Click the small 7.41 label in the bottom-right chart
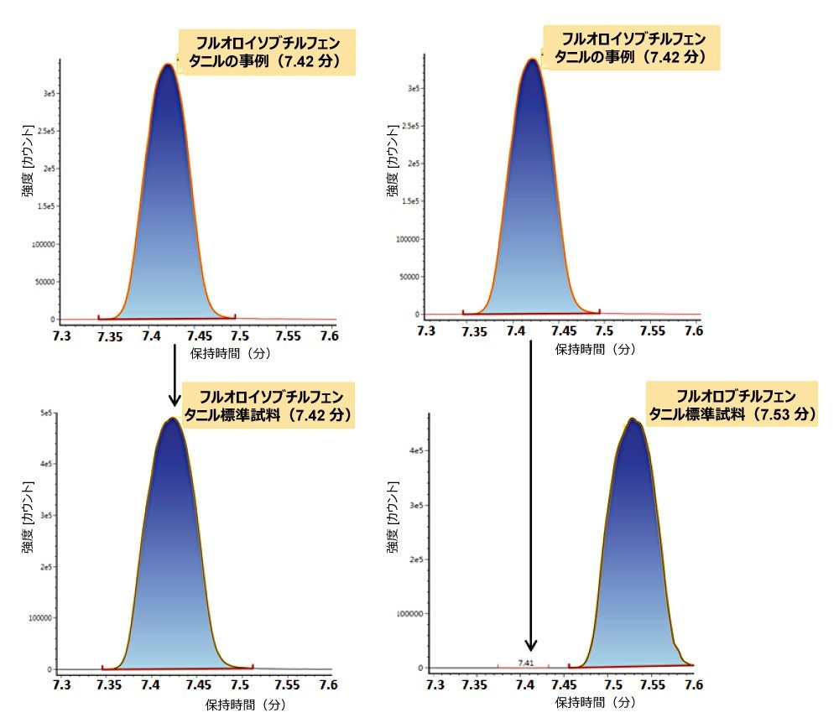[x=525, y=663]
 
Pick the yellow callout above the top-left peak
[x=267, y=52]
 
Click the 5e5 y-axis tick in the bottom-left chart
[x=47, y=414]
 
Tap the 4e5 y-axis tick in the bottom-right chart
[x=414, y=450]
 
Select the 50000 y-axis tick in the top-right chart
[x=408, y=277]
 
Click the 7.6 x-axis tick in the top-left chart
[x=329, y=335]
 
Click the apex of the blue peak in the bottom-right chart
[x=632, y=419]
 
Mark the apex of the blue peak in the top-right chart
[x=532, y=59]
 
